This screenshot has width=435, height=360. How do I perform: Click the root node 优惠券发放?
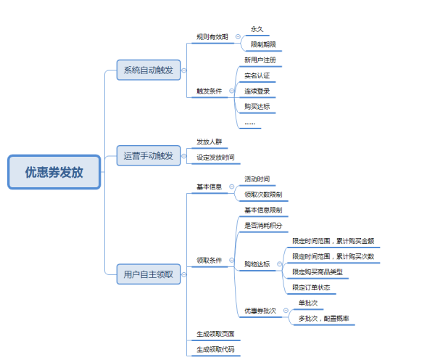[54, 173]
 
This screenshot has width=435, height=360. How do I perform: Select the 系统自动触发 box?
[149, 70]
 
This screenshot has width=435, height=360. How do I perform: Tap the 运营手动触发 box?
[149, 155]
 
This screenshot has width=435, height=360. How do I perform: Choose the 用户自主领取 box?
[149, 274]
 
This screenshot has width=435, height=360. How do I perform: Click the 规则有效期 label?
[212, 36]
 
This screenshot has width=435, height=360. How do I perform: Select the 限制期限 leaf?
[262, 44]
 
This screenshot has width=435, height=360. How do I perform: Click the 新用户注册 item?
[260, 60]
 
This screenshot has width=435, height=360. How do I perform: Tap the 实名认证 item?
[257, 75]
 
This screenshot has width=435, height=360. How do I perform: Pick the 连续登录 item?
[257, 91]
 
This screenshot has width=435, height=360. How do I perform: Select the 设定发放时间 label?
[215, 157]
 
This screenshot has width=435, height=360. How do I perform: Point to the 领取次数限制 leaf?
[263, 195]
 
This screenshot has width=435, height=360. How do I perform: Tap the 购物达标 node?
[257, 264]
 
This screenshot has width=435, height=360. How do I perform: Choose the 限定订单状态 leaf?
[311, 287]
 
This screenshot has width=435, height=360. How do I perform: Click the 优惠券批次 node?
[260, 311]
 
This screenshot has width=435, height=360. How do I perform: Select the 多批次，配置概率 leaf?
[326, 319]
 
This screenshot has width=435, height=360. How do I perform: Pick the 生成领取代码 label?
[215, 350]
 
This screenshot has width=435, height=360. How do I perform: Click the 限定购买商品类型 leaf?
[317, 272]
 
